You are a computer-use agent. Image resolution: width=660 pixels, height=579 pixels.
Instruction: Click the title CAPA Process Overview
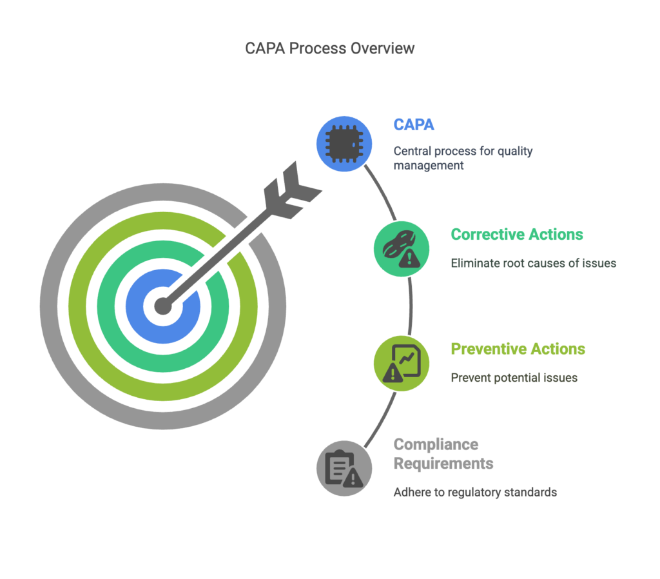pyautogui.click(x=329, y=48)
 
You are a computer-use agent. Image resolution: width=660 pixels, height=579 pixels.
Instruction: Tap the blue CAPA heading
pyautogui.click(x=414, y=124)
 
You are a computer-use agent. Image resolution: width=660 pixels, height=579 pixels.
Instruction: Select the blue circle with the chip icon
pyautogui.click(x=344, y=144)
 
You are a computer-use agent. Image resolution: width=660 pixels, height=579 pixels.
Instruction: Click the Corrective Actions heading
pyautogui.click(x=517, y=234)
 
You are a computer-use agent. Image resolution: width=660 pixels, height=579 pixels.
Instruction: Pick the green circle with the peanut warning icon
pyautogui.click(x=402, y=249)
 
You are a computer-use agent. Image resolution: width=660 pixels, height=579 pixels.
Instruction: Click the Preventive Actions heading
pyautogui.click(x=518, y=349)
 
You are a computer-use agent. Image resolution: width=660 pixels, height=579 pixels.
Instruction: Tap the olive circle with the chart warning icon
pyautogui.click(x=402, y=364)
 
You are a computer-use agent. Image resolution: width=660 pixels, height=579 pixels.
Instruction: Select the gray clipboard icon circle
pyautogui.click(x=344, y=468)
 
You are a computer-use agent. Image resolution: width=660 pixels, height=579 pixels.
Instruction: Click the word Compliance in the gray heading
pyautogui.click(x=436, y=445)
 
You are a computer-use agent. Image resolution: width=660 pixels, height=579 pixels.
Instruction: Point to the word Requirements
pyautogui.click(x=443, y=464)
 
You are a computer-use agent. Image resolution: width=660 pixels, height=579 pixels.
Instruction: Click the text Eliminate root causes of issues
pyautogui.click(x=533, y=263)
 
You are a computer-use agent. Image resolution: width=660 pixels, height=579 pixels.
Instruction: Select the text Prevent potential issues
pyautogui.click(x=514, y=378)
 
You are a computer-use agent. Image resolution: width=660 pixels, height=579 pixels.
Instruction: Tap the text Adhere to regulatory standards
pyautogui.click(x=475, y=492)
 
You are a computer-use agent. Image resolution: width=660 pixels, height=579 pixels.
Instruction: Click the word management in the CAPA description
pyautogui.click(x=429, y=166)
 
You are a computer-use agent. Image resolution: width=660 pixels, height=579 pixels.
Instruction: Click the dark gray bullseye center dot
pyautogui.click(x=163, y=306)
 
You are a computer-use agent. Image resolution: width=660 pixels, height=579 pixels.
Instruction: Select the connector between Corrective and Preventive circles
pyautogui.click(x=410, y=306)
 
